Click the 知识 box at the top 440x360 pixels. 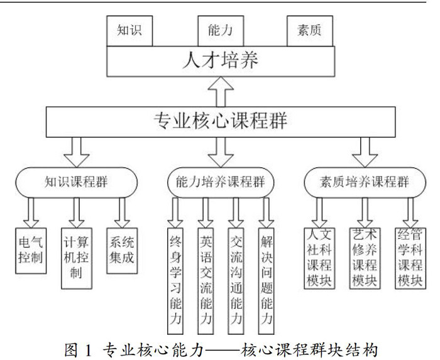tap(129, 30)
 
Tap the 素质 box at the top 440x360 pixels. tap(309, 30)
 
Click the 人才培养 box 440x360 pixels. tap(219, 61)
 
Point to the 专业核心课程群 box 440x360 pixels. tap(219, 119)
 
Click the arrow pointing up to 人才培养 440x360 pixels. tap(219, 90)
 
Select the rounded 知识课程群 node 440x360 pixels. tap(75, 183)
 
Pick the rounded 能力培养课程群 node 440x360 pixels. tap(219, 183)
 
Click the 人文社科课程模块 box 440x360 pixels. tap(319, 258)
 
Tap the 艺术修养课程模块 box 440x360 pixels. tap(364, 258)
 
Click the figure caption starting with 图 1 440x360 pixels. tap(219, 347)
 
